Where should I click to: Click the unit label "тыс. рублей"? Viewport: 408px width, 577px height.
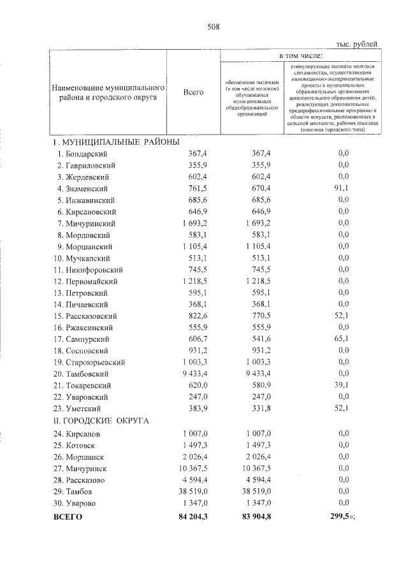[356, 44]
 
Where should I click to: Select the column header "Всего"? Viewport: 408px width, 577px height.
[193, 92]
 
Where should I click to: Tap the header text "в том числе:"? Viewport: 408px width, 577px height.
[300, 57]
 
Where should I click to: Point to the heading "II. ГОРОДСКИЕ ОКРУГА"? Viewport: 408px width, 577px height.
[101, 421]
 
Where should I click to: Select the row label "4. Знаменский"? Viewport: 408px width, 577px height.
[82, 189]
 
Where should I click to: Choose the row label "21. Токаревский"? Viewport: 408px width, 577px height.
[83, 386]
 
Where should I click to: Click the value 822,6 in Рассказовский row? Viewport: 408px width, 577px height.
[205, 316]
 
